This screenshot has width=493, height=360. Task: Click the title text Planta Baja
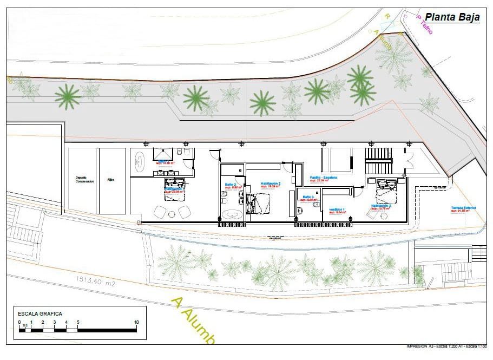[x=452, y=17]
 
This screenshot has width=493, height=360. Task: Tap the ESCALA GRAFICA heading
[x=40, y=313]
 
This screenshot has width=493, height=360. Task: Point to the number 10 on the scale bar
[x=136, y=322]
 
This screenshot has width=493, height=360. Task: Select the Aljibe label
[x=111, y=180]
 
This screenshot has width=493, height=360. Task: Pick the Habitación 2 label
[x=270, y=184]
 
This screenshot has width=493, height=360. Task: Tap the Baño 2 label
[x=231, y=184]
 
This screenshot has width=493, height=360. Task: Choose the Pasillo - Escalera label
[x=323, y=178]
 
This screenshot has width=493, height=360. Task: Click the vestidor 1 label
[x=337, y=210]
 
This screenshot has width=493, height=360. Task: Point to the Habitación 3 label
[x=381, y=205]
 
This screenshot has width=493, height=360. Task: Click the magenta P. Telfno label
[x=424, y=24]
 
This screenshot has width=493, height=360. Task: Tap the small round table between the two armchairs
[x=173, y=211]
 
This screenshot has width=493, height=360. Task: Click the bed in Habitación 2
[x=261, y=203]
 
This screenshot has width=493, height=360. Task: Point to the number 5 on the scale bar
[x=78, y=322]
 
